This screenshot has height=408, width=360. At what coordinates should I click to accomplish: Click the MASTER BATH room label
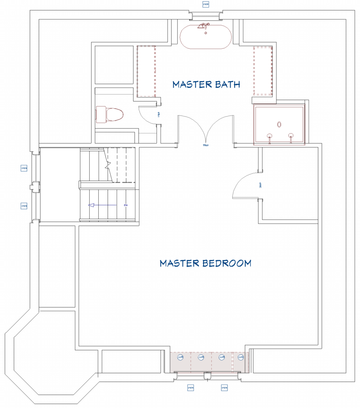[x=206, y=84]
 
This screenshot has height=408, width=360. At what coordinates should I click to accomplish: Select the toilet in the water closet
[x=109, y=114]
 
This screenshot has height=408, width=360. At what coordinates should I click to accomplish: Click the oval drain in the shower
[x=279, y=124]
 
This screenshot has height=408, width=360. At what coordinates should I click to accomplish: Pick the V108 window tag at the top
[x=206, y=4]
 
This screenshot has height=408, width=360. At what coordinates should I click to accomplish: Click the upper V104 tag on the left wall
[x=24, y=168]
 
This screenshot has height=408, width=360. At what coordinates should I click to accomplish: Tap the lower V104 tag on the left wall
[x=24, y=206]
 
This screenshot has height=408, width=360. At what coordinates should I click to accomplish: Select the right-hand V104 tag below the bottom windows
[x=225, y=387]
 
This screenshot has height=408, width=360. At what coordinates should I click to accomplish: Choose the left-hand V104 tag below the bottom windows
[x=190, y=387]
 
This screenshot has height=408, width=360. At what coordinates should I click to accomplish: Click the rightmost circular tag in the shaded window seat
[x=240, y=357]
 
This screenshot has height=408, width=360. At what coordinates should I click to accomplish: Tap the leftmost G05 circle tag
[x=180, y=357]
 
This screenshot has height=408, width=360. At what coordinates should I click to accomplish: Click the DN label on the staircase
[x=125, y=205]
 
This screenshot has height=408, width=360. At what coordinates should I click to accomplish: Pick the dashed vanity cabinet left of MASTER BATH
[x=146, y=71]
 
